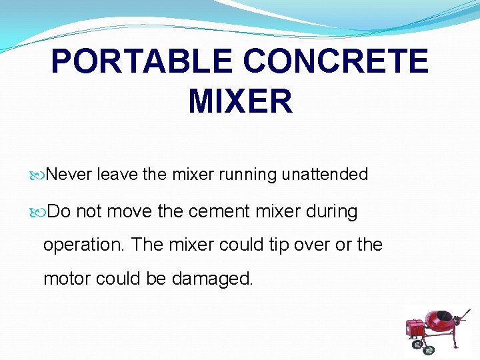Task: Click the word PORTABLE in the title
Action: [142, 62]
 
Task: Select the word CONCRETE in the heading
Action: [335, 62]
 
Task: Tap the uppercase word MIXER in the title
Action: [240, 101]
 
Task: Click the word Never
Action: [70, 175]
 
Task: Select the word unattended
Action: [325, 175]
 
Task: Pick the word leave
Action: [117, 175]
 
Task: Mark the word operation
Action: [84, 245]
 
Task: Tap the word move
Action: [129, 212]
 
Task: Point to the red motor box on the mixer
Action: [415, 327]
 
